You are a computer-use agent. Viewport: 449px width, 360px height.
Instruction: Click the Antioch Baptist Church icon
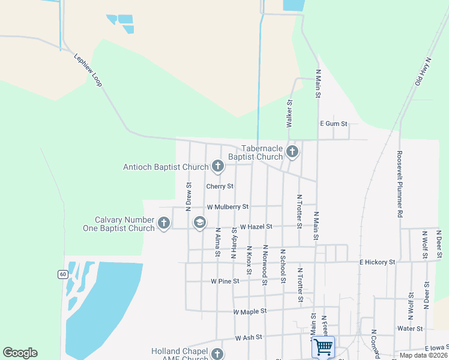pos(217,166)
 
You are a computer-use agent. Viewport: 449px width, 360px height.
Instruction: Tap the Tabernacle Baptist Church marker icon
pos(292,151)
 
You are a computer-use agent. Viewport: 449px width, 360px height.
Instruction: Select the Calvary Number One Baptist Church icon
pos(163,224)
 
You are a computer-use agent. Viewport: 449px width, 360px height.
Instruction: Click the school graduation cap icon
pos(199,223)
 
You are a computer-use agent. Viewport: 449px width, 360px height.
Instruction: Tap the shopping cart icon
pos(323,347)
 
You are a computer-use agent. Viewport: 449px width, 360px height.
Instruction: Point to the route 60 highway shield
pos(63,274)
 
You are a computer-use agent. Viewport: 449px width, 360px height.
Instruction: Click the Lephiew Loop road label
pos(88,70)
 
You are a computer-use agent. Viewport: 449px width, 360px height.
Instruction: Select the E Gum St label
pos(334,124)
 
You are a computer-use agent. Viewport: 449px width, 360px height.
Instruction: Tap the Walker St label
pos(289,113)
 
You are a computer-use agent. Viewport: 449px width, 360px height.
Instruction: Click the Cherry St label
pos(220,187)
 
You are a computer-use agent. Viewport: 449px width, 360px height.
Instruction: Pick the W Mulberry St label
pos(228,206)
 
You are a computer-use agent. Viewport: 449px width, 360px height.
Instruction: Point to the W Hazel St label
pos(256,227)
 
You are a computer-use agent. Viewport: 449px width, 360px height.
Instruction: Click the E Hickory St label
pos(377,262)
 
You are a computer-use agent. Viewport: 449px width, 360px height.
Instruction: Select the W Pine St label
pos(225,281)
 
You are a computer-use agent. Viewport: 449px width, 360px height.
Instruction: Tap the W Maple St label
pos(249,311)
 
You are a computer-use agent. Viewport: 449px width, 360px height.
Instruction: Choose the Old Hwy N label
pos(423,71)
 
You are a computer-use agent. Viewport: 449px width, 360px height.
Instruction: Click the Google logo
pos(20,353)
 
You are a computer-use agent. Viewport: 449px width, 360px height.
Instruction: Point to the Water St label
pos(410,329)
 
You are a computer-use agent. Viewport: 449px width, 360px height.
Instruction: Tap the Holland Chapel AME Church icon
pos(217,354)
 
